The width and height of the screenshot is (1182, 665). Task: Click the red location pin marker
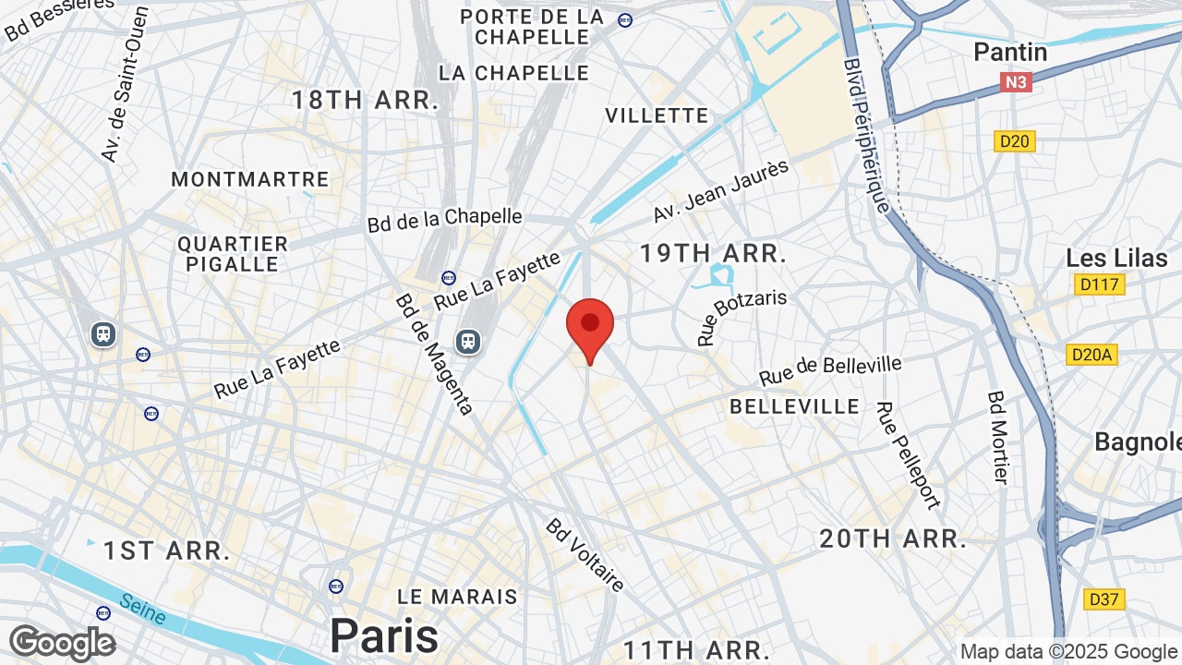pyautogui.click(x=590, y=325)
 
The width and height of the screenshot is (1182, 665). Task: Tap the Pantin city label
pyautogui.click(x=1010, y=52)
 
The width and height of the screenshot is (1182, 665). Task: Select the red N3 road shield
pyautogui.click(x=1015, y=83)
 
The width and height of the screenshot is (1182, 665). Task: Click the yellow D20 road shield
pyautogui.click(x=1015, y=141)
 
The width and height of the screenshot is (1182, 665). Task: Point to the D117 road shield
pyautogui.click(x=1099, y=284)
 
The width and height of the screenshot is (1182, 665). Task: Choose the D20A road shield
pyautogui.click(x=1092, y=355)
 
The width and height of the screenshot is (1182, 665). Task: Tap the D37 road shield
pyautogui.click(x=1104, y=599)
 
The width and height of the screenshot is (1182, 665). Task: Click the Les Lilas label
pyautogui.click(x=1116, y=258)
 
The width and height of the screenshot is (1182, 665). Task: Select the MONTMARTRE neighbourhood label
pyautogui.click(x=250, y=179)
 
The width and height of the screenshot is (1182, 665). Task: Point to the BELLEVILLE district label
pyautogui.click(x=794, y=406)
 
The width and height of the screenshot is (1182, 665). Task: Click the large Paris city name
pyautogui.click(x=384, y=635)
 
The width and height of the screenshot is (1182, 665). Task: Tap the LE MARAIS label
pyautogui.click(x=457, y=597)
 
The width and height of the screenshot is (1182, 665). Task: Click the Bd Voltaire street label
pyautogui.click(x=585, y=553)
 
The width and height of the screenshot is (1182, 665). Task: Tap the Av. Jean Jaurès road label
pyautogui.click(x=721, y=190)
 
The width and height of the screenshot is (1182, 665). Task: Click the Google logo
pyautogui.click(x=62, y=642)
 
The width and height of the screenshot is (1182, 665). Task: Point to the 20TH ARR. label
pyautogui.click(x=893, y=539)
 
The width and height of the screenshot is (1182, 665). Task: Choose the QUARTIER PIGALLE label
pyautogui.click(x=233, y=254)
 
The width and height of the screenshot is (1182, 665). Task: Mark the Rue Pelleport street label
pyautogui.click(x=908, y=454)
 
